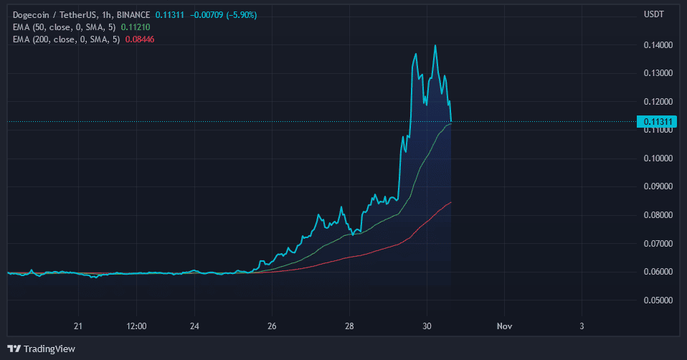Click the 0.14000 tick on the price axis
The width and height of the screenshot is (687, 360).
pyautogui.click(x=658, y=45)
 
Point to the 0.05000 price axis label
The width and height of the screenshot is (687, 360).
pyautogui.click(x=658, y=300)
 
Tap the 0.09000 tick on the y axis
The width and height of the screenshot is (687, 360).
pyautogui.click(x=658, y=186)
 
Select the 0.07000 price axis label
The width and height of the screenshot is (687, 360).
pyautogui.click(x=658, y=244)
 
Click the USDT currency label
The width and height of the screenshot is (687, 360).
pyautogui.click(x=653, y=14)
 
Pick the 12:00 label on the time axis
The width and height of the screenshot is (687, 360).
pyautogui.click(x=136, y=326)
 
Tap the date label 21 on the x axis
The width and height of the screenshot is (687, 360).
pyautogui.click(x=78, y=326)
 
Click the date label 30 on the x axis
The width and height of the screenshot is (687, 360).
pyautogui.click(x=427, y=326)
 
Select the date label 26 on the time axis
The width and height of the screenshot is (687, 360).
pyautogui.click(x=273, y=326)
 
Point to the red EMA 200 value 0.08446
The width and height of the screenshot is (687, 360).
pyautogui.click(x=139, y=39)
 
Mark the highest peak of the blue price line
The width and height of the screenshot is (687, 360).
pyautogui.click(x=435, y=45)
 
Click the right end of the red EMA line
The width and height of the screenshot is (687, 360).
pyautogui.click(x=450, y=203)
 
